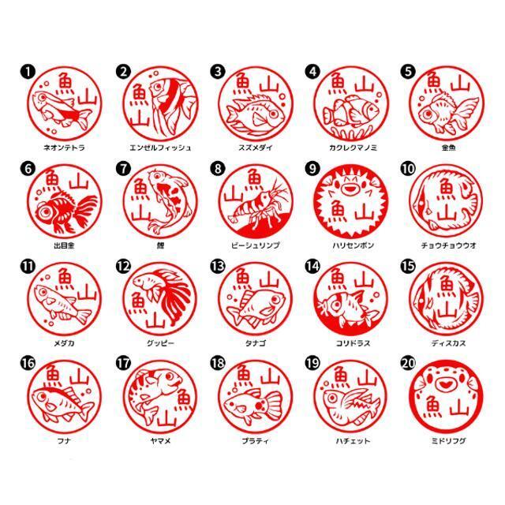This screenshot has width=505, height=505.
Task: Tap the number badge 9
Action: (x=313, y=169)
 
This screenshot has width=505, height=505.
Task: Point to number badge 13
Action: (x=219, y=266)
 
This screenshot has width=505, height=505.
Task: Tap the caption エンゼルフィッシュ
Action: (x=159, y=148)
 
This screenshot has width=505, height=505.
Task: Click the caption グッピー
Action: (x=159, y=343)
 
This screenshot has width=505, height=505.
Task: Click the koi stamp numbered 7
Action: (x=159, y=202)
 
